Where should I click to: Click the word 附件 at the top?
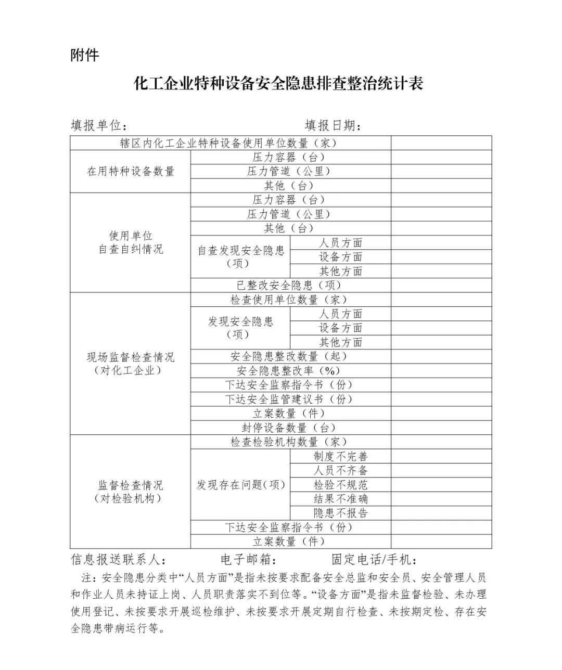pyautogui.click(x=85, y=55)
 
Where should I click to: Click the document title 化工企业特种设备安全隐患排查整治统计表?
pyautogui.click(x=279, y=84)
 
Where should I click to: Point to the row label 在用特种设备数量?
pyautogui.click(x=131, y=172)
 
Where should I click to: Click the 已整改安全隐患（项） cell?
pyautogui.click(x=290, y=285)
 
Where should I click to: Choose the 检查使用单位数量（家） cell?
pyautogui.click(x=290, y=300)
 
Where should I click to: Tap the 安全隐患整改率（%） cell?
pyautogui.click(x=290, y=371)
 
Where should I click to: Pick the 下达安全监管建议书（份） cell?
pyautogui.click(x=290, y=400)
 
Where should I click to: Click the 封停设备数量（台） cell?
pyautogui.click(x=290, y=428)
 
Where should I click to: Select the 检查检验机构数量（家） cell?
pyautogui.click(x=290, y=442)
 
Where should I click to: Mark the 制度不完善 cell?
pyautogui.click(x=340, y=457)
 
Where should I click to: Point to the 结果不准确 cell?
pyautogui.click(x=340, y=499)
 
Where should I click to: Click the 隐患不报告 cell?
pyautogui.click(x=340, y=513)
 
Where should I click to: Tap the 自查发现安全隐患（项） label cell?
pyautogui.click(x=240, y=257)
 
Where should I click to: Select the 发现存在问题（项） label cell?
pyautogui.click(x=240, y=485)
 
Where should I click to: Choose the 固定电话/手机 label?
pyautogui.click(x=374, y=560)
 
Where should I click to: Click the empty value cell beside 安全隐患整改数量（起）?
pyautogui.click(x=441, y=356)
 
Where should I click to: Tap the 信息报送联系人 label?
pyautogui.click(x=119, y=560)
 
